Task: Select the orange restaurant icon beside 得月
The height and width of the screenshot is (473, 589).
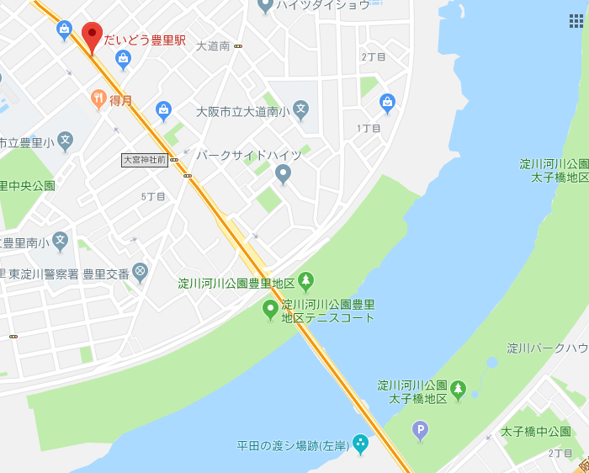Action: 98,99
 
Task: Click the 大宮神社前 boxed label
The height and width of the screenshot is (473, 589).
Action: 145,159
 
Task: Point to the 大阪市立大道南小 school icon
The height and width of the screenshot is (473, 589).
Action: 300,109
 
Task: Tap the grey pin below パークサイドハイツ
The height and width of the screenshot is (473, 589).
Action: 284,174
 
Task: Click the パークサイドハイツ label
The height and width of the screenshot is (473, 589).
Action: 248,156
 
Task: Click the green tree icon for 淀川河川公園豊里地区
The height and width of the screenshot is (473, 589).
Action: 306,281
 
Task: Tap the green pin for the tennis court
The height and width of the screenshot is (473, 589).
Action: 270,310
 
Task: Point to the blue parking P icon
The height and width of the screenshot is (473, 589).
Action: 420,432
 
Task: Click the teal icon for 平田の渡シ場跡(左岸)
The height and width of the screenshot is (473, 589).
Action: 361,443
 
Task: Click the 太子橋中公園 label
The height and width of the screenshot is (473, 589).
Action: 535,433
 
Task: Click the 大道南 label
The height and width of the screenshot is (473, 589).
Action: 213,46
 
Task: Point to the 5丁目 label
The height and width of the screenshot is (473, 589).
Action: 153,196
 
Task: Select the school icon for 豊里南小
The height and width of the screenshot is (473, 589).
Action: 61,242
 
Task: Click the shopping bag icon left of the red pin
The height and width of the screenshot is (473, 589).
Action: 64,31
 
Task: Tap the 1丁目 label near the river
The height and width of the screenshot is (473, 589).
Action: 369,128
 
